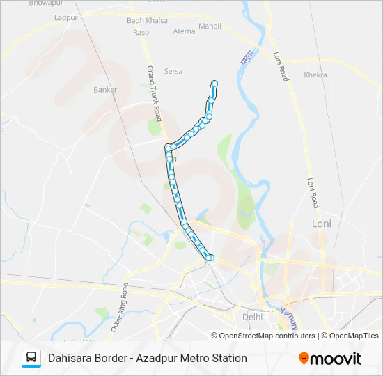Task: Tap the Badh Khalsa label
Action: pyautogui.click(x=147, y=21)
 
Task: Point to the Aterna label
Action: pyautogui.click(x=185, y=31)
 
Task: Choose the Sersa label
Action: pyautogui.click(x=173, y=70)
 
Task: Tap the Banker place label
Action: pyautogui.click(x=105, y=90)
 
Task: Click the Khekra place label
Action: pyautogui.click(x=315, y=75)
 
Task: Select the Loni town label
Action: pyautogui.click(x=322, y=224)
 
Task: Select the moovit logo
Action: pyautogui.click(x=330, y=359)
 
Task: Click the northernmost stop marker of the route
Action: pyautogui.click(x=214, y=84)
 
